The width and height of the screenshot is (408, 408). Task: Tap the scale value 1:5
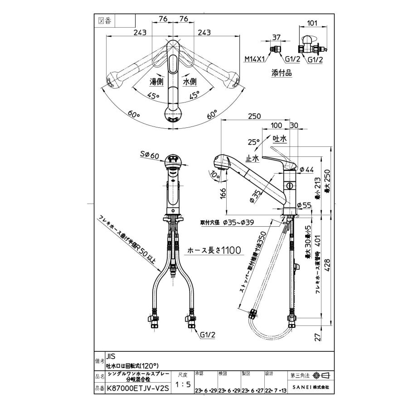(182, 384)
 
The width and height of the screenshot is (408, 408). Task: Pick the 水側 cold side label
(189, 83)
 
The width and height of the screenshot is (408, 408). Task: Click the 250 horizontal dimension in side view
(255, 117)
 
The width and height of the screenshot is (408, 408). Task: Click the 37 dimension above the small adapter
(276, 38)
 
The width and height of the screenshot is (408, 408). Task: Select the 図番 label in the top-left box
(105, 20)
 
